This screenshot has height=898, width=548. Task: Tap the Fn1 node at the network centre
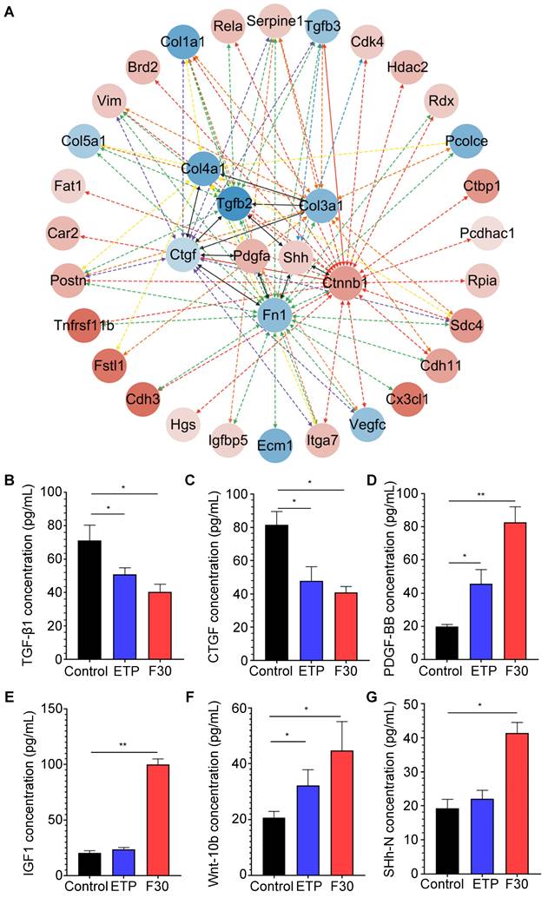pyautogui.click(x=274, y=312)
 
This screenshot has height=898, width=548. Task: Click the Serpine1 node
pyautogui.click(x=274, y=19)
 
